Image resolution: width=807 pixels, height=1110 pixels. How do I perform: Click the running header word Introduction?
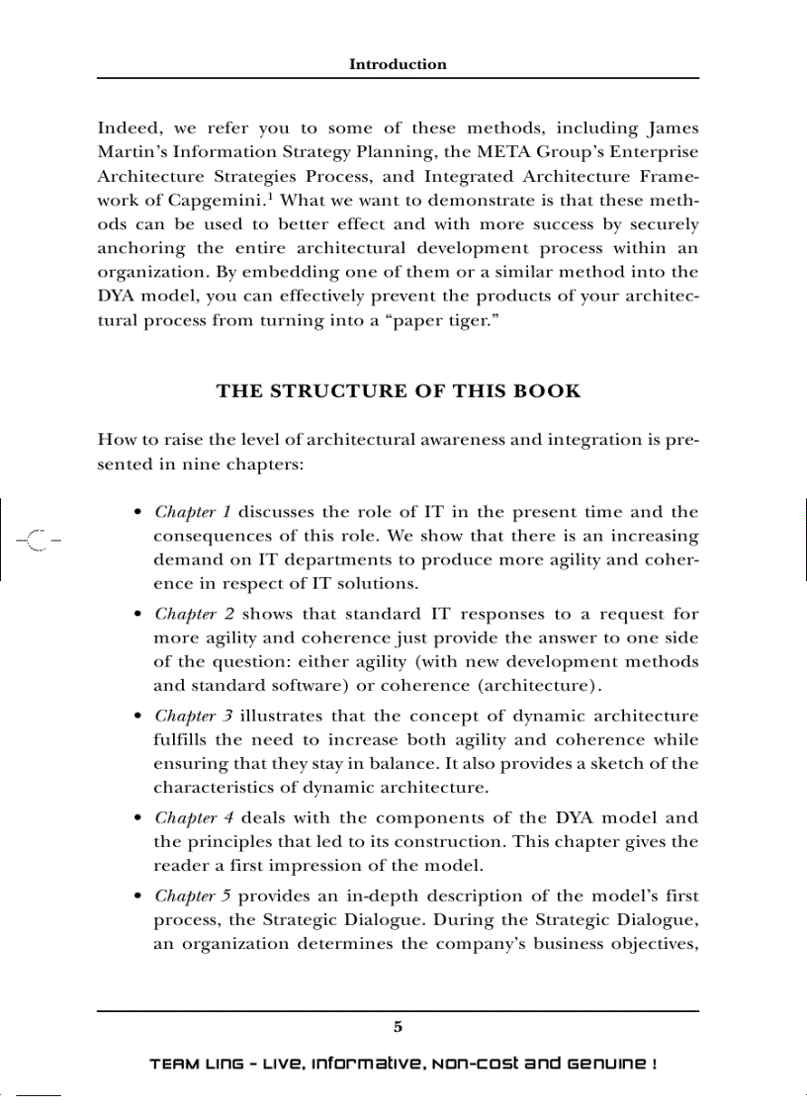398,64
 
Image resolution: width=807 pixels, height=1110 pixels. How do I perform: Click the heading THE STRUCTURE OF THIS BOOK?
398,390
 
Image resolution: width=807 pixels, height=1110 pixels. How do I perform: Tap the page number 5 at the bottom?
398,1027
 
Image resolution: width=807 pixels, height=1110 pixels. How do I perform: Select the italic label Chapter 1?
193,512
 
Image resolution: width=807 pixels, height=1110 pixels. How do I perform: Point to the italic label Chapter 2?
194,614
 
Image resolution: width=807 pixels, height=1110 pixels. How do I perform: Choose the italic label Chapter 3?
194,716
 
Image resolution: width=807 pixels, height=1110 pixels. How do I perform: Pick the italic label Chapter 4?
194,817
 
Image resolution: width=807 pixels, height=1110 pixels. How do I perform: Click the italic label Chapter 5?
194,896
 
